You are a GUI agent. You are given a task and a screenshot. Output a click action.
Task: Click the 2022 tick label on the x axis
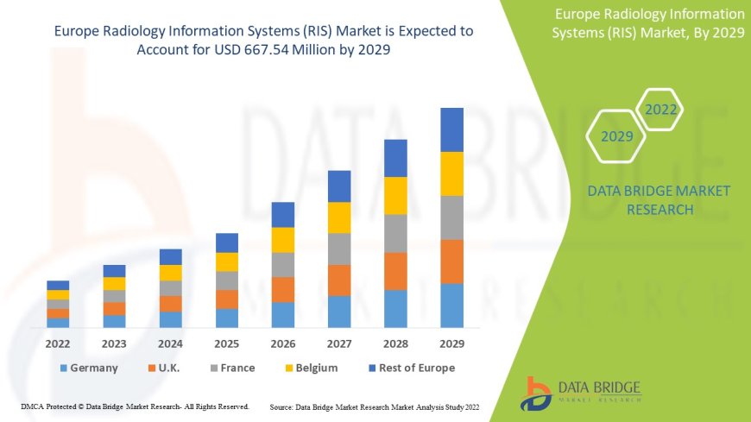[58, 343]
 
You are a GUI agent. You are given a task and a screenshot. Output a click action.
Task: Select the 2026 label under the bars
[283, 343]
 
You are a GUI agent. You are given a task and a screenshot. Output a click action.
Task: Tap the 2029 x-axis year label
[451, 343]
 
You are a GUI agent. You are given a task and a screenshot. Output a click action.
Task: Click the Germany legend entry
[89, 368]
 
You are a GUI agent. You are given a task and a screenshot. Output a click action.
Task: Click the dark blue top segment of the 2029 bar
[451, 129]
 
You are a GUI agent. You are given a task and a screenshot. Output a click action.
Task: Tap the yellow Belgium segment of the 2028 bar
[395, 195]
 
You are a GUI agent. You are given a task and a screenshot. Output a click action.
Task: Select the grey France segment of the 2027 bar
[339, 249]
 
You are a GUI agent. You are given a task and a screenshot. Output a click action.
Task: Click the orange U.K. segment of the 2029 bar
[451, 261]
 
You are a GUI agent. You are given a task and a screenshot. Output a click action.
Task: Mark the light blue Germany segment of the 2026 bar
[283, 314]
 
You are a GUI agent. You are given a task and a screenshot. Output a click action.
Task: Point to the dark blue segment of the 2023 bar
[114, 271]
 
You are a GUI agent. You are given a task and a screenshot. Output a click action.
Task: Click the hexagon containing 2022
[661, 110]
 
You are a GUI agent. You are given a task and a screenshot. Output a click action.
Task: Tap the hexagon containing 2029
[616, 136]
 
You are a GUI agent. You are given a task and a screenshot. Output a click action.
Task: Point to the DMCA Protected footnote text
[135, 406]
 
